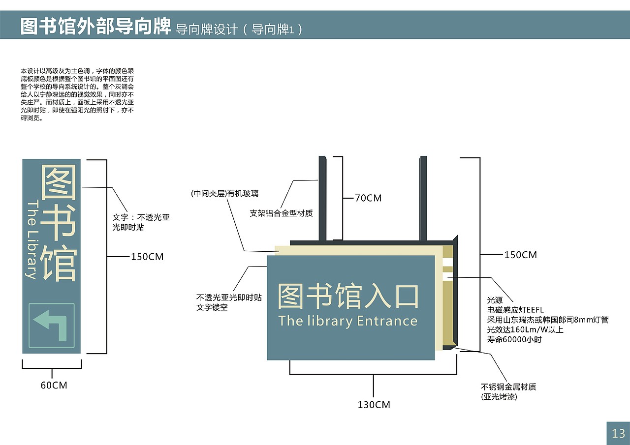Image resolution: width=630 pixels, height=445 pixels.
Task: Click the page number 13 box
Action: [618, 433]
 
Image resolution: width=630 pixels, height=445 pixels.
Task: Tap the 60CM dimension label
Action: [54, 386]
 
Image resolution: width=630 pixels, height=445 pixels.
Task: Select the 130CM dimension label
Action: [374, 405]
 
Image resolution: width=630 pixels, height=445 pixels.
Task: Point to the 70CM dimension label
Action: [368, 198]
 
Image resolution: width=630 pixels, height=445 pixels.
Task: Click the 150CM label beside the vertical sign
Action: [147, 257]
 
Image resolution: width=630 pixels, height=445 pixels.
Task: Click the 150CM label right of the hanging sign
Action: [520, 255]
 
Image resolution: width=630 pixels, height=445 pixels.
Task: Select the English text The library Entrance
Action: [347, 321]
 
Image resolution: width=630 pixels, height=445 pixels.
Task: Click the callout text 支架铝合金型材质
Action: [281, 213]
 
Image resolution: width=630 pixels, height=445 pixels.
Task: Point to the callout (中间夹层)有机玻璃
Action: [224, 194]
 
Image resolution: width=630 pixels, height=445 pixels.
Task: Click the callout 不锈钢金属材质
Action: [508, 386]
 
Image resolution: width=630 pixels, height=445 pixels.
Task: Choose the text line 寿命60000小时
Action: [514, 339]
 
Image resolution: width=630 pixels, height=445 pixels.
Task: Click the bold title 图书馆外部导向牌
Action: [95, 27]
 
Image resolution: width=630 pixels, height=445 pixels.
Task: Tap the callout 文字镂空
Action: [212, 308]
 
